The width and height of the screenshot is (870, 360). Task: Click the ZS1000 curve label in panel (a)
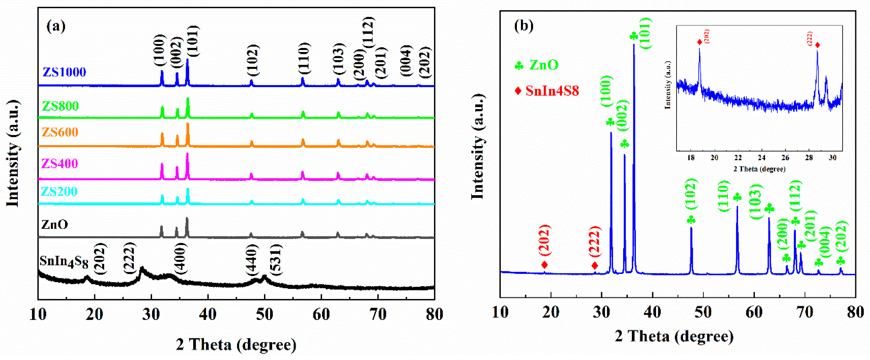(x=64, y=72)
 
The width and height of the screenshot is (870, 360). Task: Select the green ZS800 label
(x=60, y=106)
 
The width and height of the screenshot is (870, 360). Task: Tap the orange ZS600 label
(x=60, y=132)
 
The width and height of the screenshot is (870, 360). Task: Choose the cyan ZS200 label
(x=59, y=192)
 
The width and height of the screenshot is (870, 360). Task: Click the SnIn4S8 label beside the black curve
(x=64, y=262)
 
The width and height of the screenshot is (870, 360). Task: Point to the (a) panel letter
(x=56, y=26)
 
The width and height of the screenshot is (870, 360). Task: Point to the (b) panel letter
(x=523, y=26)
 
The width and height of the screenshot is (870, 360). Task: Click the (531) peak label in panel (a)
(x=276, y=260)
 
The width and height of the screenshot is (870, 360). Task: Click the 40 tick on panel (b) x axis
(x=653, y=312)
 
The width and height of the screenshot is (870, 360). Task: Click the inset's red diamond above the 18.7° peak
(x=700, y=42)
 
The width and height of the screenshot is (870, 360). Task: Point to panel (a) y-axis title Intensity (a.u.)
(x=13, y=154)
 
